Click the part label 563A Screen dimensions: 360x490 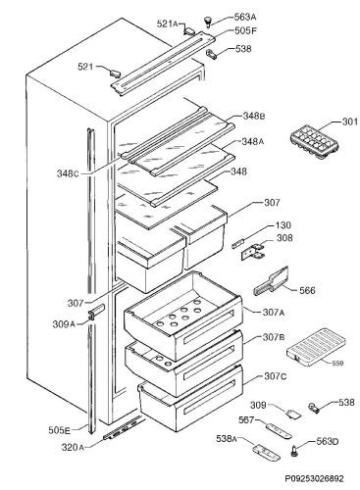(245, 17)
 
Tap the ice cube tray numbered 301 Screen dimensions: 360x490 (314, 143)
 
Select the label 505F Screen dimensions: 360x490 (245, 31)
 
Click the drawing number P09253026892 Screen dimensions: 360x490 (314, 479)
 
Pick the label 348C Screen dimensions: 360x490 (68, 173)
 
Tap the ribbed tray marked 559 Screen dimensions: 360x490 (315, 348)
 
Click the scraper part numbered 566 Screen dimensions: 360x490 (271, 281)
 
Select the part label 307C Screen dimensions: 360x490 (276, 376)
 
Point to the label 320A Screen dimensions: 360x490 (73, 447)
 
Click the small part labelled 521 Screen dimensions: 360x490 (114, 73)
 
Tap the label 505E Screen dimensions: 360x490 (59, 430)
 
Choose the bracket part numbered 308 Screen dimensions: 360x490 (252, 251)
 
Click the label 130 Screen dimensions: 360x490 (283, 225)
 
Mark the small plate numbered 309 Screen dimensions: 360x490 (293, 414)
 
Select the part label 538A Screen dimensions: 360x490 (228, 439)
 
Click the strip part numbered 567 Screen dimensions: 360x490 (279, 430)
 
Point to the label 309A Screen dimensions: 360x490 (64, 324)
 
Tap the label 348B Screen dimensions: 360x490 (254, 116)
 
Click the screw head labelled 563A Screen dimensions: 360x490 (207, 21)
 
